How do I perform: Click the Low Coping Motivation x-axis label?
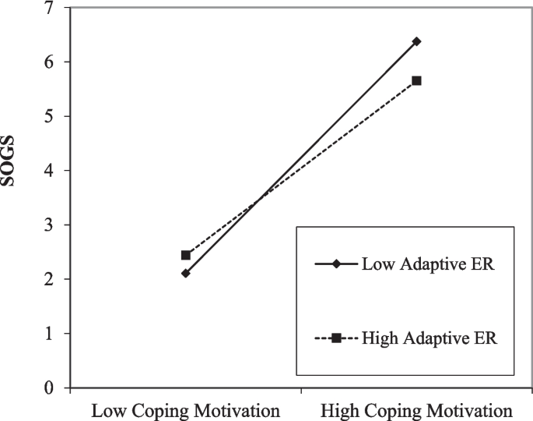click(186, 410)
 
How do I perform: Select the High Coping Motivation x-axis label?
click(417, 410)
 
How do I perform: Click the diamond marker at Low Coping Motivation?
click(185, 274)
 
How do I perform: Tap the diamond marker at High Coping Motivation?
click(417, 41)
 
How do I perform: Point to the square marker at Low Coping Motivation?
click(185, 255)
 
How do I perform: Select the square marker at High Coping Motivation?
click(417, 80)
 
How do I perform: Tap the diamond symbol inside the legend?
click(336, 264)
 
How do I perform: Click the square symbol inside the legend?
click(336, 338)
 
